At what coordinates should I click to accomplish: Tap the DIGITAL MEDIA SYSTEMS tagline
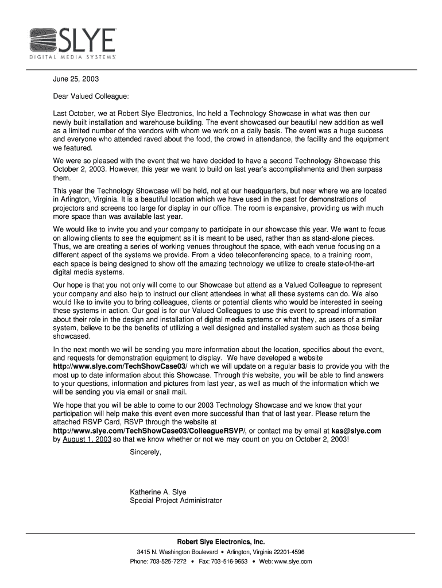(x=73, y=58)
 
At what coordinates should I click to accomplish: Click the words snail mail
(x=168, y=392)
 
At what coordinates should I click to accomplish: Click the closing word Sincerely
(x=146, y=452)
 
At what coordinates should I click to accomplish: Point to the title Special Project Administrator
(x=176, y=501)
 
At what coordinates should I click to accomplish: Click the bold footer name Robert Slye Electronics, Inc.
(x=220, y=541)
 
